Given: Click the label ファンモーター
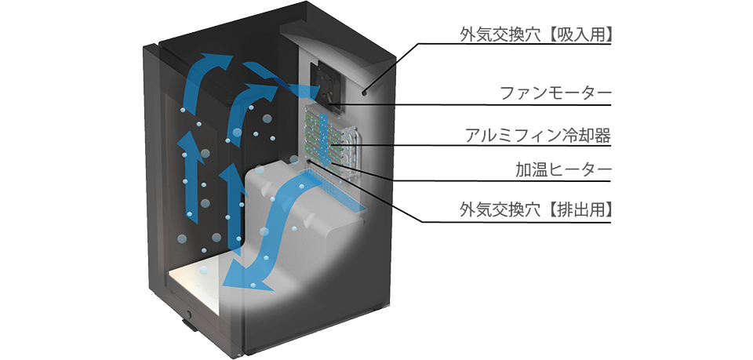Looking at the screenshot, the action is [x=555, y=93].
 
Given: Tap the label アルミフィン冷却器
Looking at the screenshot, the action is [x=538, y=136].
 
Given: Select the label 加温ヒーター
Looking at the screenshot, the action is [x=563, y=169].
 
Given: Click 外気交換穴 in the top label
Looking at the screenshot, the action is [x=504, y=35].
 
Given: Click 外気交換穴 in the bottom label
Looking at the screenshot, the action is [x=504, y=210].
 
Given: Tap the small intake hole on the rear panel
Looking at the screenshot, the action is [x=365, y=92].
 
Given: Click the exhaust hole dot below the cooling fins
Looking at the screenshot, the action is [x=307, y=162].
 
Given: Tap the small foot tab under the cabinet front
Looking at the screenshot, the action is [x=189, y=327].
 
